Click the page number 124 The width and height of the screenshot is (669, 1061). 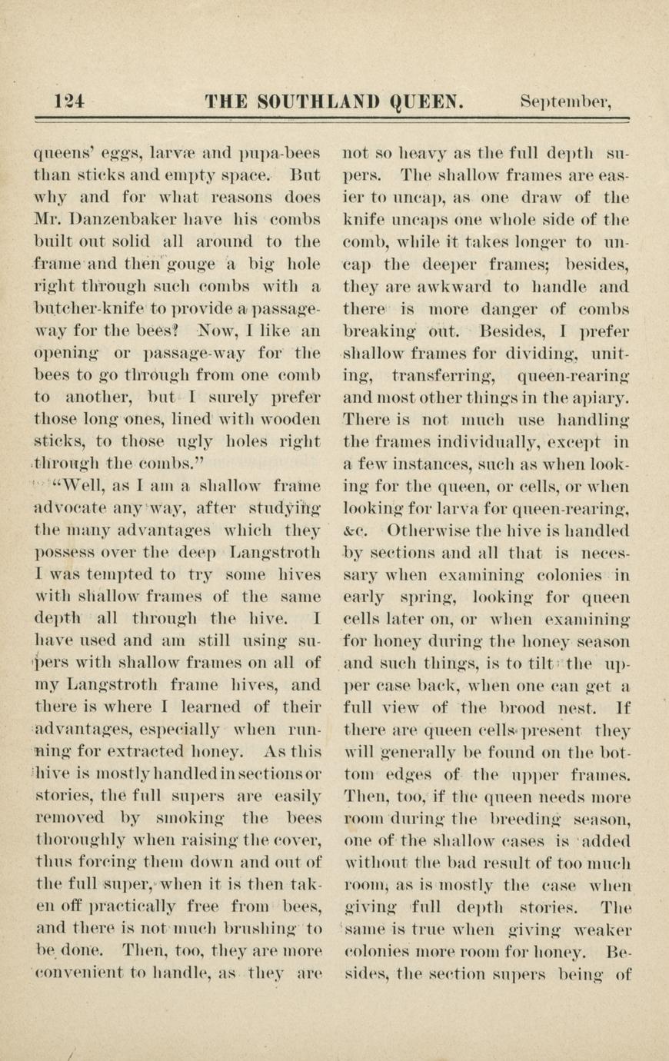[x=70, y=102]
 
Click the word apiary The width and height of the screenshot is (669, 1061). [x=599, y=398]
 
